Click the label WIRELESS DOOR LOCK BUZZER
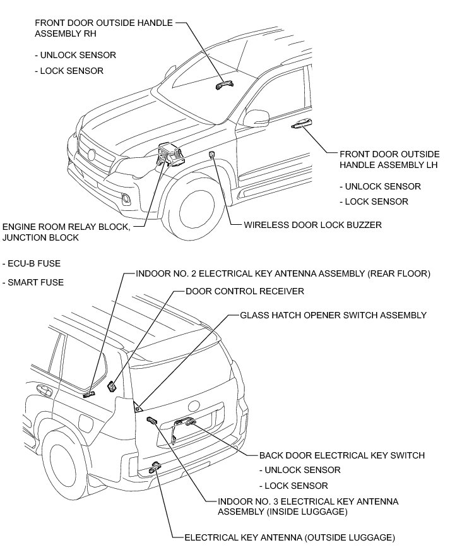[x=312, y=224]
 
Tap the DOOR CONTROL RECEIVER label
[x=245, y=291]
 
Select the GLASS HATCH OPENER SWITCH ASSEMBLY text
[x=333, y=314]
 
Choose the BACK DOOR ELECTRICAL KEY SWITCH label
[x=341, y=455]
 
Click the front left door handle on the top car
[x=302, y=125]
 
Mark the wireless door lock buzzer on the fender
[x=213, y=155]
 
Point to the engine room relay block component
[x=169, y=153]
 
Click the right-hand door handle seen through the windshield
[x=223, y=85]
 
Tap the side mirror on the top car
[x=257, y=117]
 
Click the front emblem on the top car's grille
[x=92, y=154]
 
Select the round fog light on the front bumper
[x=127, y=200]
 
